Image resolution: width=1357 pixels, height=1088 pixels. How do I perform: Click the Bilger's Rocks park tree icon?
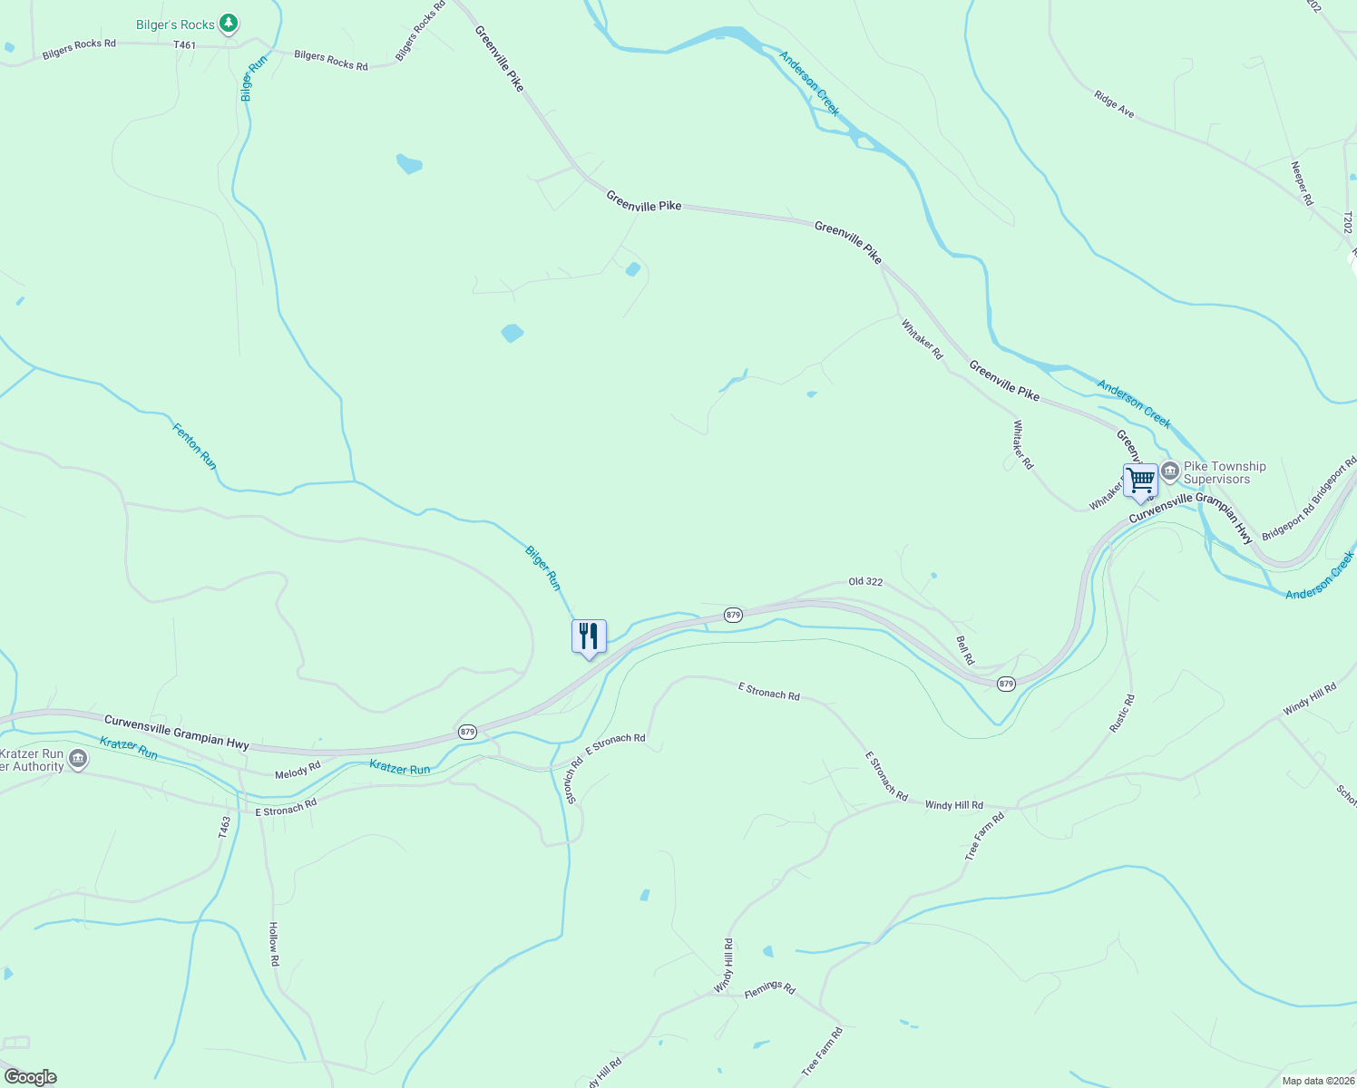pos(229,24)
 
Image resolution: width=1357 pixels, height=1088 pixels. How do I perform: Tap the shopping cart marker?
pos(1140,480)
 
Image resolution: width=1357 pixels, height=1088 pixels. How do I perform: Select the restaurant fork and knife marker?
pos(589,636)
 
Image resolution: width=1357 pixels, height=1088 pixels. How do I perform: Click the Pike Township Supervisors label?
pos(1224,472)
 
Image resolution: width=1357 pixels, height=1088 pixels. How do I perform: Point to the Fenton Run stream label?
pos(195,445)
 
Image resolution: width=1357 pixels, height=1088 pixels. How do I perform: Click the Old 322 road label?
pos(864,582)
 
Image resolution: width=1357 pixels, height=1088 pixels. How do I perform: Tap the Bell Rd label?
pos(965,650)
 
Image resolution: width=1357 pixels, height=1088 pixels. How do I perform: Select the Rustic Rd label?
pos(1122,714)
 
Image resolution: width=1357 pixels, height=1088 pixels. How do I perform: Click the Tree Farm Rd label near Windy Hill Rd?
pos(984,836)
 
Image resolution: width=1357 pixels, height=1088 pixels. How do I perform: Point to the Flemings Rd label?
pos(769,988)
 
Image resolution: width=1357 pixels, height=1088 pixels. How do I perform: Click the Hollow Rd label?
pos(273,944)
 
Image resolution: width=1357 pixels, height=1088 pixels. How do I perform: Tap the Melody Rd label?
pos(298,770)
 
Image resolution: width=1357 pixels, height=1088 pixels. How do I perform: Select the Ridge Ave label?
pos(1114,104)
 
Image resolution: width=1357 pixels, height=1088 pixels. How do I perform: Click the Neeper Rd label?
pos(1302,183)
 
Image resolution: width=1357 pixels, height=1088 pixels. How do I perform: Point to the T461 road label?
pos(184,45)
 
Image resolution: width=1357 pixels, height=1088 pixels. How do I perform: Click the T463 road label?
pos(225,826)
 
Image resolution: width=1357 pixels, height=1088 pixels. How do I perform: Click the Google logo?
pos(31,1077)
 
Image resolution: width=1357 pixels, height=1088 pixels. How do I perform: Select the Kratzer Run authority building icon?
pos(78,759)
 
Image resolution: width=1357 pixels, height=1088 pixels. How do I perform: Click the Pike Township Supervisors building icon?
pos(1170,471)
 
